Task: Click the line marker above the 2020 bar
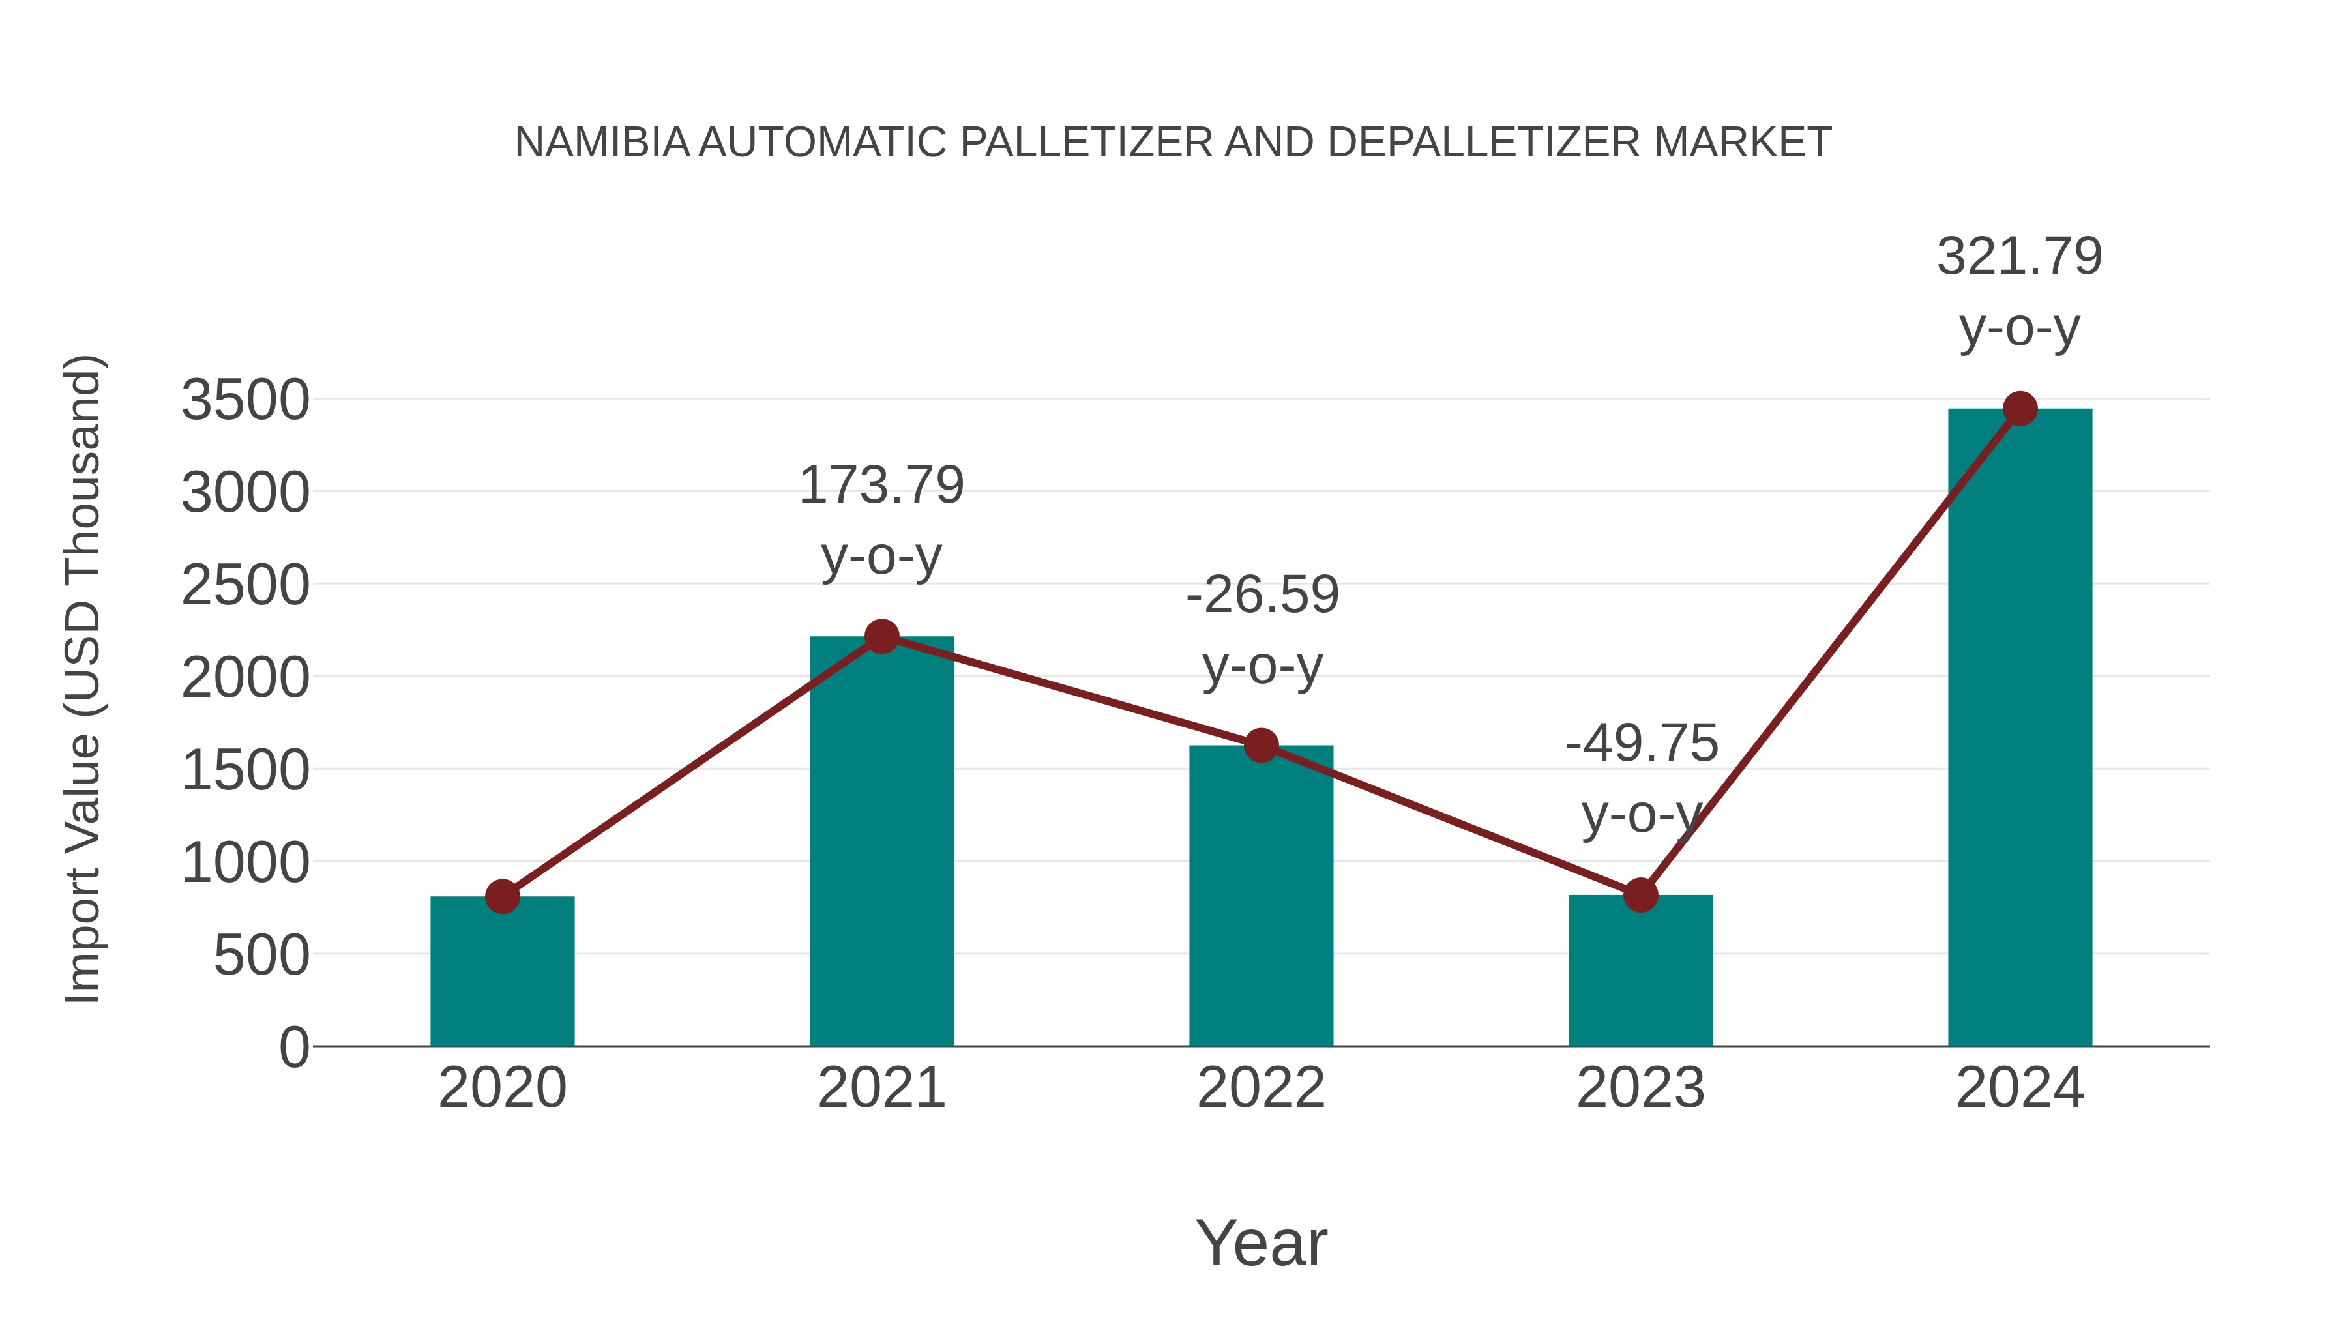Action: pos(502,896)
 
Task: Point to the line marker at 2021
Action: pos(881,636)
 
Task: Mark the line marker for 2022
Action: pos(1261,745)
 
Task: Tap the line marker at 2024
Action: pos(2020,409)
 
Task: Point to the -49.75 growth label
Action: pos(1641,743)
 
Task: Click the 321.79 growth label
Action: pos(2019,256)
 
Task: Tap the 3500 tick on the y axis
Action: pos(245,400)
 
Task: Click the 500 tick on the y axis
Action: pos(261,956)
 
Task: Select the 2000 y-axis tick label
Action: pos(245,678)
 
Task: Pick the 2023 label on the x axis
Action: pos(1640,1088)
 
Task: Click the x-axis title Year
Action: pos(1261,1242)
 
